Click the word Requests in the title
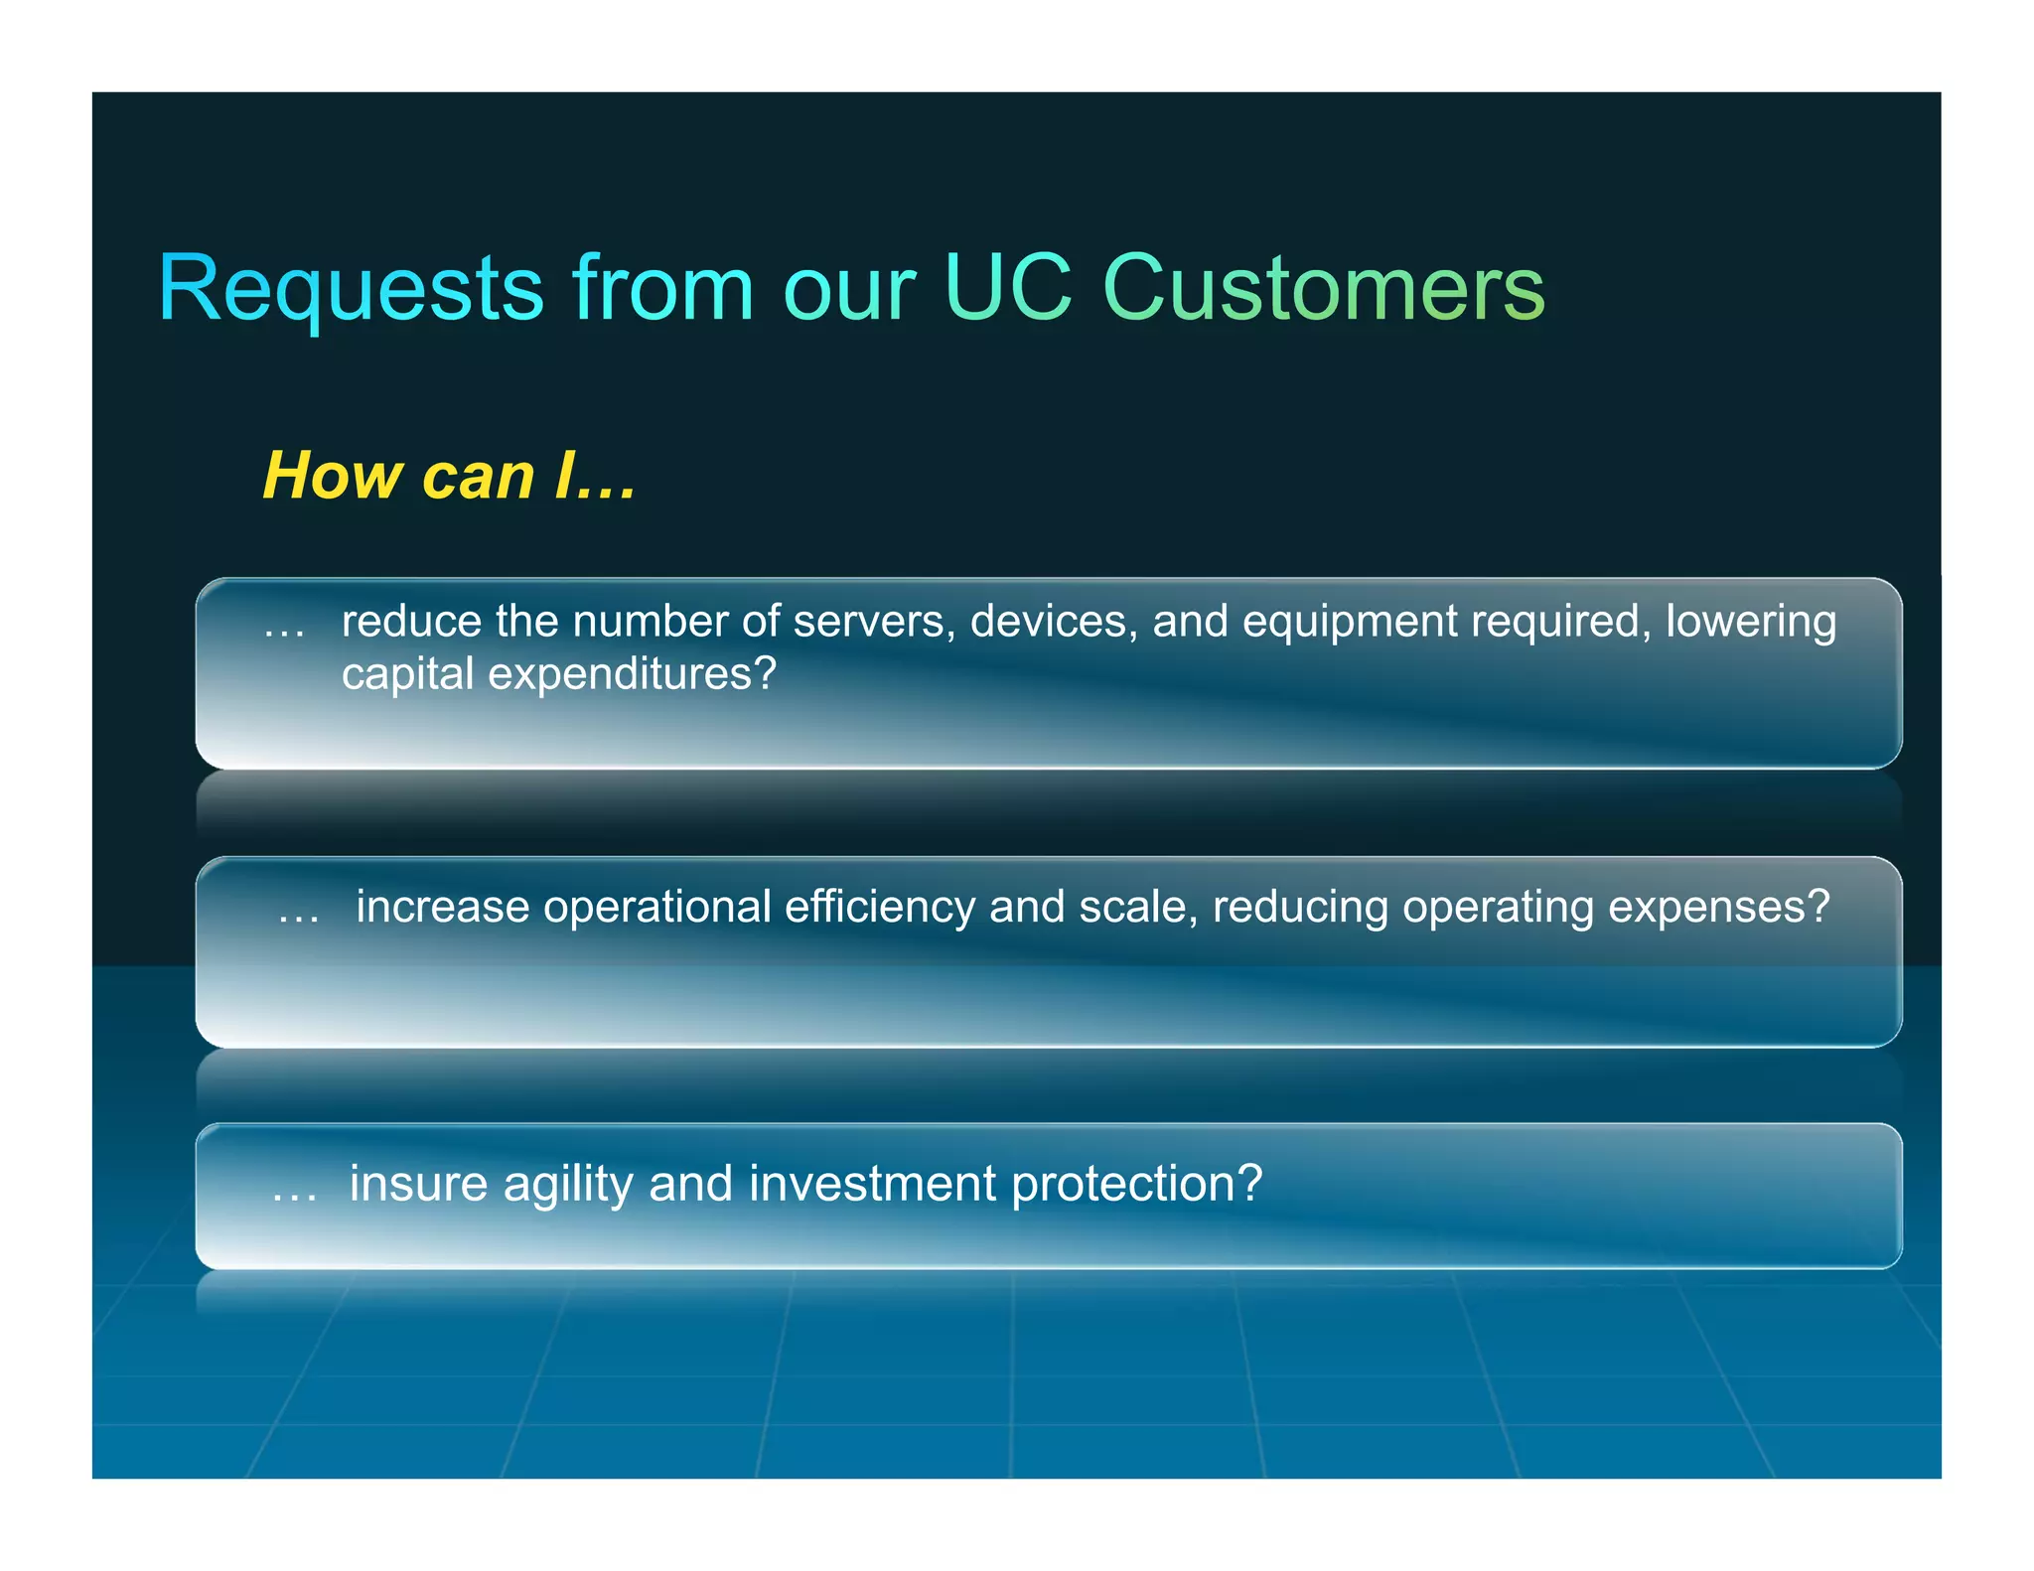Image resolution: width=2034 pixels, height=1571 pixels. pyautogui.click(x=350, y=289)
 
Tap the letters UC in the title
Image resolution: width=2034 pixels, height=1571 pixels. pyautogui.click(x=1007, y=289)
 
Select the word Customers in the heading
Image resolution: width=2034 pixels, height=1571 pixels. pyautogui.click(x=1323, y=289)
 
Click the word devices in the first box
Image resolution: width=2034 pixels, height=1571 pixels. pyautogui.click(x=1053, y=622)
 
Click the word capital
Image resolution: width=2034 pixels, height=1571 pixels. pyautogui.click(x=407, y=675)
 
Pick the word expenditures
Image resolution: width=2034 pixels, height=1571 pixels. pyautogui.click(x=631, y=675)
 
